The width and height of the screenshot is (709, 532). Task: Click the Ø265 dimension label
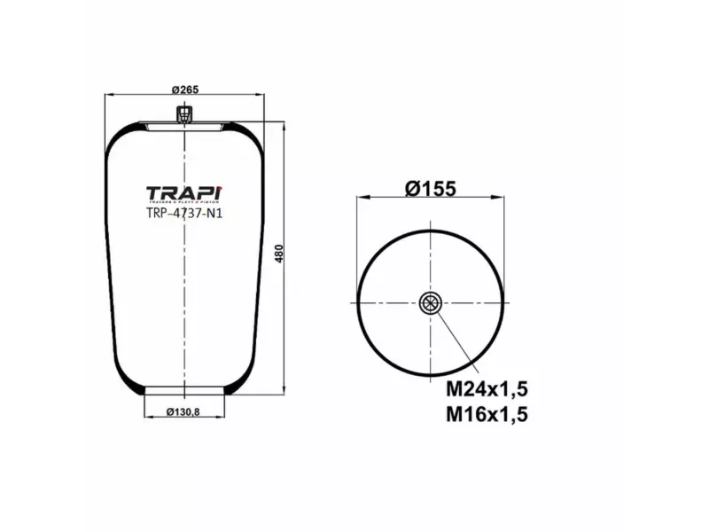pos(183,88)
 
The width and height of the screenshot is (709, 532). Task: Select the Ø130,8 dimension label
pos(183,411)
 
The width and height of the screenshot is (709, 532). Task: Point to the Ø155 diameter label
pos(430,188)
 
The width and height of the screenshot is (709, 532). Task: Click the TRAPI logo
pos(183,193)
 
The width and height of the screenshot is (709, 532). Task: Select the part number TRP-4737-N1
pos(183,213)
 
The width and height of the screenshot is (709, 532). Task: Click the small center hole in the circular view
pos(430,303)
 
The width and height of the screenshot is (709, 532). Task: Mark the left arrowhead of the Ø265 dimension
pos(108,94)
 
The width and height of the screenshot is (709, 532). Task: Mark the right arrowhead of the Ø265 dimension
pos(261,94)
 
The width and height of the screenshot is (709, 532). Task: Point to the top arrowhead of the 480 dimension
pos(284,125)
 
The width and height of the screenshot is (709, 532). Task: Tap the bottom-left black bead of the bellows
pos(139,388)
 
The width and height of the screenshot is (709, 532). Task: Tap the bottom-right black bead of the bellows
pos(230,388)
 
